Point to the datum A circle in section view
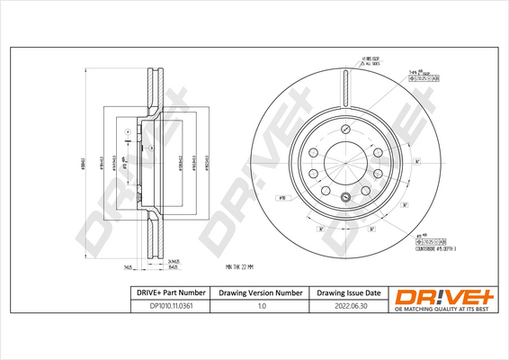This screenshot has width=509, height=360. click(x=129, y=131)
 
